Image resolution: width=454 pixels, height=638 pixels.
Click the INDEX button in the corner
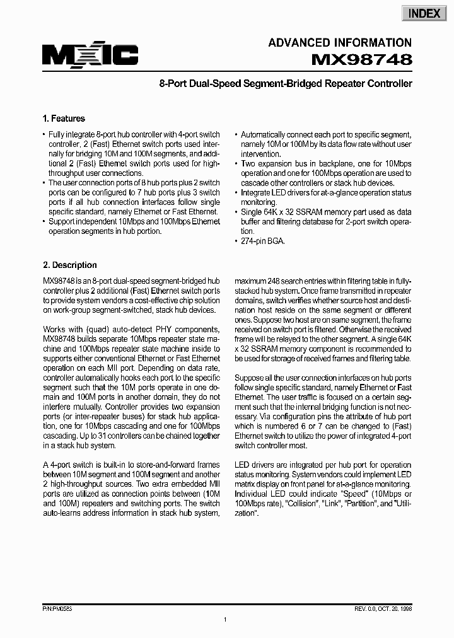[x=424, y=13]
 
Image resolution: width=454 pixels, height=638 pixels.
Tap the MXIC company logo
[x=90, y=56]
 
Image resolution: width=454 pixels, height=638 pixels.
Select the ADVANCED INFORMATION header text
[x=340, y=43]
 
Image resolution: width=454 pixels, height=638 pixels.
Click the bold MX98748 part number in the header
[x=362, y=60]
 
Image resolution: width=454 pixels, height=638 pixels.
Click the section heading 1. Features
[x=64, y=119]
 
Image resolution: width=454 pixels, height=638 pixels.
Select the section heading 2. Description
[x=69, y=265]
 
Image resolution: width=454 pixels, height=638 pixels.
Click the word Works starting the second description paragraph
[x=54, y=329]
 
